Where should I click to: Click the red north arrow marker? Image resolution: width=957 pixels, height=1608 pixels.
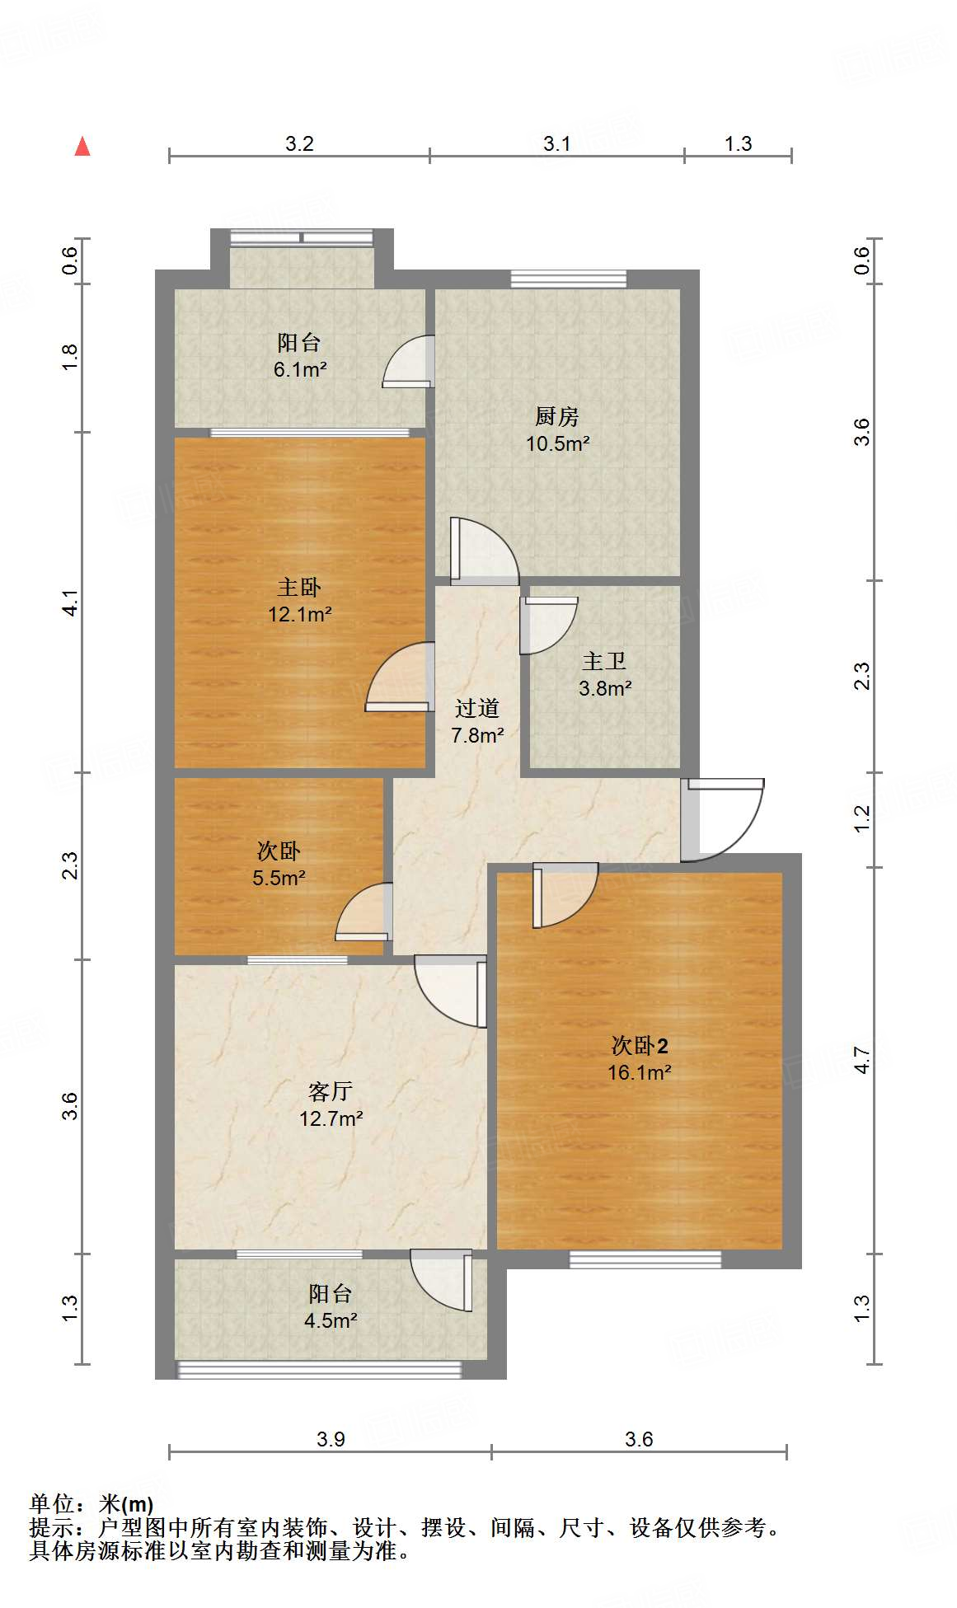[82, 147]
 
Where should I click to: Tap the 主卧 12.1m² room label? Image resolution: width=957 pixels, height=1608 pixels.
[299, 600]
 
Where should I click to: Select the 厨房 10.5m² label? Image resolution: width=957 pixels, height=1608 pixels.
[557, 429]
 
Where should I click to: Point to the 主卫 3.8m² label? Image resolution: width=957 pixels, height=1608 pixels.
[604, 674]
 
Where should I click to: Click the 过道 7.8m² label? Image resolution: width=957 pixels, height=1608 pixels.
[477, 721]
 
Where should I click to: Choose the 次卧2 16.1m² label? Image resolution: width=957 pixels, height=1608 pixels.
[639, 1058]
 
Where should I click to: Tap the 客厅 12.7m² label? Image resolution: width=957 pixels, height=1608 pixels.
[331, 1104]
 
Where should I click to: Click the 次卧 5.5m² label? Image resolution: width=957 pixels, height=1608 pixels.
[279, 864]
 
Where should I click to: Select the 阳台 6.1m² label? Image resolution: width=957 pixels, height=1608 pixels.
[299, 355]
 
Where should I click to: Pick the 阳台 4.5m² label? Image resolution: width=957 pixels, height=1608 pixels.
[331, 1306]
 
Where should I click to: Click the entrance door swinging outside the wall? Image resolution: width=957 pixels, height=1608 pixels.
[724, 819]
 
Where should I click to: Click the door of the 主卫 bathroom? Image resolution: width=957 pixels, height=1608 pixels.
[548, 625]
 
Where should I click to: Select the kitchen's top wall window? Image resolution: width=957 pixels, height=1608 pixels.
[568, 279]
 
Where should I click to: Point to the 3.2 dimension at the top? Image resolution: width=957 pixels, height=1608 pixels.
[299, 143]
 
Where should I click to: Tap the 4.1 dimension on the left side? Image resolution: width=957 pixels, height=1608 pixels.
[71, 602]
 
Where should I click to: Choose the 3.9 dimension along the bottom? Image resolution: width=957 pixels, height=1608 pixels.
[331, 1439]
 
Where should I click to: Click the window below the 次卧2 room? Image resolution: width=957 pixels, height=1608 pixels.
[645, 1259]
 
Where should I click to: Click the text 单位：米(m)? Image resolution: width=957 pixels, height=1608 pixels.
[91, 1504]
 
